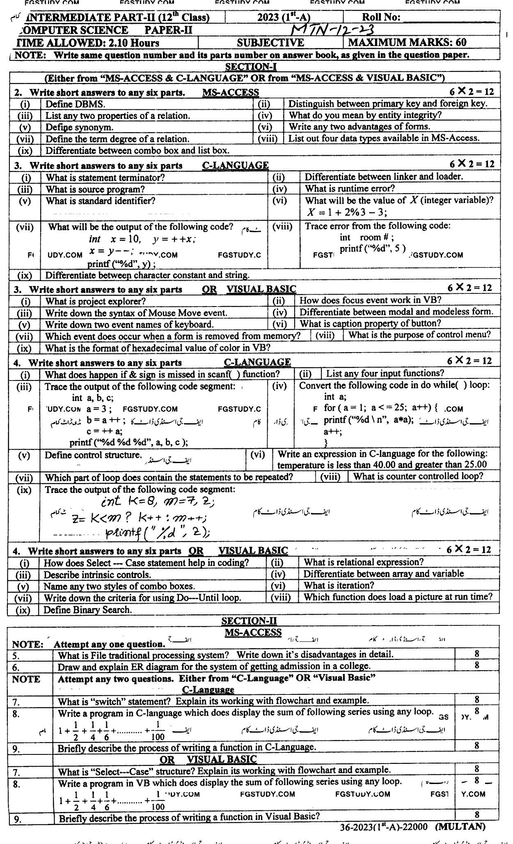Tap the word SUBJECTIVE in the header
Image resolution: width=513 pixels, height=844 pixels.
coord(270,43)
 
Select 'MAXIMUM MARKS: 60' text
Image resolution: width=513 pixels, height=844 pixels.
coord(407,43)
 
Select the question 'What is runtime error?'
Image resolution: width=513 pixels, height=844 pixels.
coord(350,189)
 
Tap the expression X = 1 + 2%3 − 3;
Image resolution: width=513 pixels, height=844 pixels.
coord(347,212)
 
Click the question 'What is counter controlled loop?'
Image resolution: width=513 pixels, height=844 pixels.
coord(418,477)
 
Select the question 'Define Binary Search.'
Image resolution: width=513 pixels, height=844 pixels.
coord(88,610)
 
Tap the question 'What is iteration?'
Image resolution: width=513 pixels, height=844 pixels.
coord(339,586)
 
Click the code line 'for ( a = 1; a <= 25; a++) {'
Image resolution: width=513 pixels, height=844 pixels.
coord(382,408)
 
